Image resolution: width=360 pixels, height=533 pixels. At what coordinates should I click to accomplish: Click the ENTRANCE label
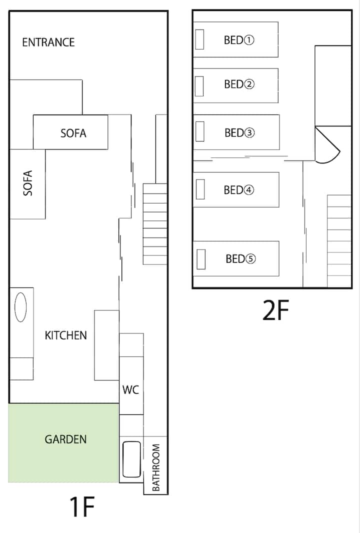point(48,42)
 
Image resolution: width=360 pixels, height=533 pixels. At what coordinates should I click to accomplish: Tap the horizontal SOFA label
point(73,133)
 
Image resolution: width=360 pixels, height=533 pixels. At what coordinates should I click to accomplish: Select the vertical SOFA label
point(28,183)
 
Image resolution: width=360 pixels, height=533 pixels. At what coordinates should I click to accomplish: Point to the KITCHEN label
point(65,335)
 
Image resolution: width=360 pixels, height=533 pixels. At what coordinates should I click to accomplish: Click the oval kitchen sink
point(20,307)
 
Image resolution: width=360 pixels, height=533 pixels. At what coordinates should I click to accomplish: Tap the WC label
point(130,389)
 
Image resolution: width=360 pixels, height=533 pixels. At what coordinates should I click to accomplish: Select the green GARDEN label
point(65,439)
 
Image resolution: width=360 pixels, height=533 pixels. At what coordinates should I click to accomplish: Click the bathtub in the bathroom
point(131,459)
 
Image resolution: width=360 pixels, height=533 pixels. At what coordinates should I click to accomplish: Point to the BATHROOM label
point(155,467)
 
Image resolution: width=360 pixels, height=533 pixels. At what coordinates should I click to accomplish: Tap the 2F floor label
point(275,310)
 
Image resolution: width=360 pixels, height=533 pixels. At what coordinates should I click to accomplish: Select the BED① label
point(239,40)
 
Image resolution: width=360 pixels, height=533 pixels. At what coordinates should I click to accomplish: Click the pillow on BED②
point(199,86)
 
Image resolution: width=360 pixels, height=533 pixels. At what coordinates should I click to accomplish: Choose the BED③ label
point(239,132)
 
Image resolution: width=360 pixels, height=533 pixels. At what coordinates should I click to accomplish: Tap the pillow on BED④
point(200,189)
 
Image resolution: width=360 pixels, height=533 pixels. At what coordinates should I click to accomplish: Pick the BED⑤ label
point(240,259)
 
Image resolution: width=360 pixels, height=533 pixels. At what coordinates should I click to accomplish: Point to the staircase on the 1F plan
point(155,224)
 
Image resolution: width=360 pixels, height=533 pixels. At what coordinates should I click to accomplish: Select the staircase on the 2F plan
point(339,241)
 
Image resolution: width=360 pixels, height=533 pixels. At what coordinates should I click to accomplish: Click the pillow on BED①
point(199,39)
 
